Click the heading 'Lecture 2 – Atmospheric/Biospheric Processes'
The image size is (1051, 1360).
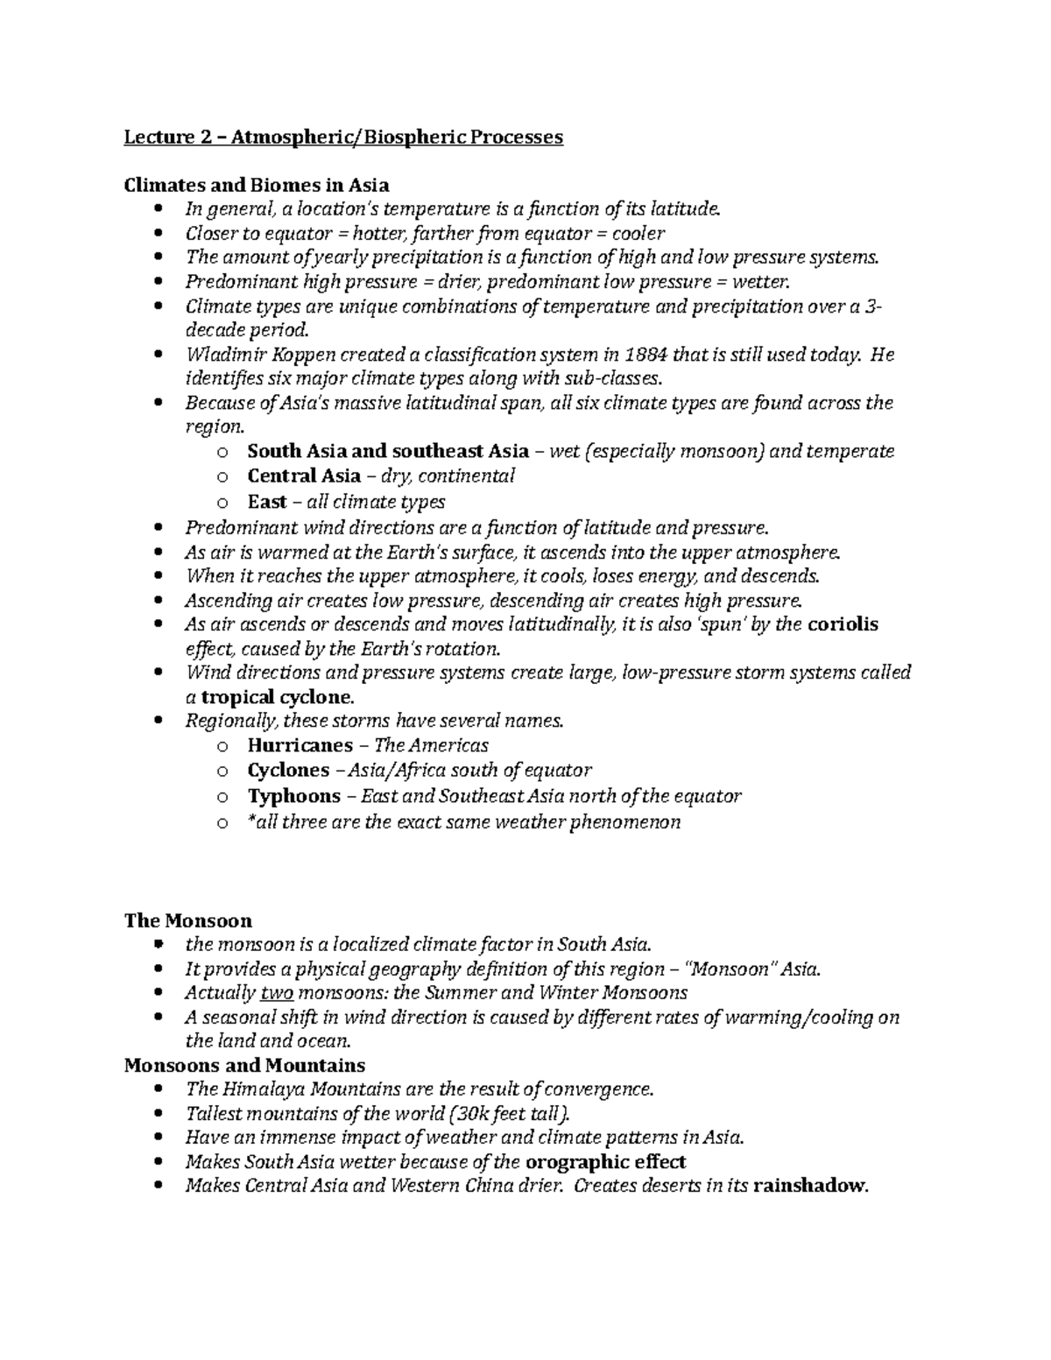coord(343,137)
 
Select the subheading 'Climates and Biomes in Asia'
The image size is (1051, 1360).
coord(257,185)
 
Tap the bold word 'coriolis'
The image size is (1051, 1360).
coord(843,624)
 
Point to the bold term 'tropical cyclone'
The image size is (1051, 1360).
coord(277,698)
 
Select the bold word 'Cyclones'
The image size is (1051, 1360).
coord(288,770)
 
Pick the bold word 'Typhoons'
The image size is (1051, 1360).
coord(294,796)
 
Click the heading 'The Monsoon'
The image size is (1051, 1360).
coord(188,920)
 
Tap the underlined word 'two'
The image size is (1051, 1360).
coord(278,993)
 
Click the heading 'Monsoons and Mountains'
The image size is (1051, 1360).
coord(244,1066)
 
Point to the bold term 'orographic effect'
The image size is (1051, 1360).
coord(605,1162)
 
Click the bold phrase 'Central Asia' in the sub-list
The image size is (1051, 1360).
coord(304,476)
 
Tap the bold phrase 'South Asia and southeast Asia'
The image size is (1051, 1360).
coord(388,451)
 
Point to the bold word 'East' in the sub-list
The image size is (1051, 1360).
coord(267,502)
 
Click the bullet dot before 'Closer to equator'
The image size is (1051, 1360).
coord(158,234)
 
